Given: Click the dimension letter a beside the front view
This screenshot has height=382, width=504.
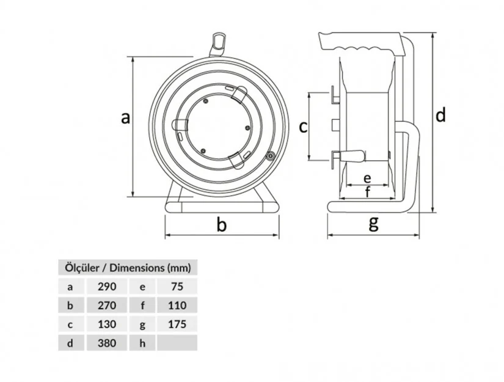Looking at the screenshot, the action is pyautogui.click(x=126, y=118).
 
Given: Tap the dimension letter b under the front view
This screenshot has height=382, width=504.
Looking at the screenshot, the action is pyautogui.click(x=222, y=224).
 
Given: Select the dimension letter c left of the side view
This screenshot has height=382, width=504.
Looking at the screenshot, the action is pyautogui.click(x=303, y=127).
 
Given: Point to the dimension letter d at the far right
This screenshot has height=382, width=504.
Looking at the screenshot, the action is pyautogui.click(x=440, y=114).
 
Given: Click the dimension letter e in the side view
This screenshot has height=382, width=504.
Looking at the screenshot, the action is pyautogui.click(x=367, y=178).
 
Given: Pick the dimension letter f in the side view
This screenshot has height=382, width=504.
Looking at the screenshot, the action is pyautogui.click(x=368, y=192).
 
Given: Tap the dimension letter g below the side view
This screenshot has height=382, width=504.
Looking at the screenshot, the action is pyautogui.click(x=373, y=223).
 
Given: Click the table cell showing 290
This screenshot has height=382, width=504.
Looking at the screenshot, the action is pyautogui.click(x=107, y=286).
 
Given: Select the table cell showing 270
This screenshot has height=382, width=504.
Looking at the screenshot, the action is pyautogui.click(x=107, y=305).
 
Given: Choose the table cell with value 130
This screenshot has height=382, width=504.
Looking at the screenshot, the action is pyautogui.click(x=107, y=324).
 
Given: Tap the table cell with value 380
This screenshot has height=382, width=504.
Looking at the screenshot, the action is pyautogui.click(x=107, y=343).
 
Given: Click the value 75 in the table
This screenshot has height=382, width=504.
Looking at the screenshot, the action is pyautogui.click(x=177, y=286).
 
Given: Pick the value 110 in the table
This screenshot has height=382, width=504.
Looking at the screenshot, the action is pyautogui.click(x=177, y=305).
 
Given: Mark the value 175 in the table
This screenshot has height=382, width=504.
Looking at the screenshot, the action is pyautogui.click(x=177, y=324).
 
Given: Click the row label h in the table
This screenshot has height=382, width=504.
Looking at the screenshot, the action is pyautogui.click(x=142, y=343).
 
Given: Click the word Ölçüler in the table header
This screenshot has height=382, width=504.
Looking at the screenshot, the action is pyautogui.click(x=82, y=268).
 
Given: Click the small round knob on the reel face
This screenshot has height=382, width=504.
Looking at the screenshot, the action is pyautogui.click(x=269, y=156).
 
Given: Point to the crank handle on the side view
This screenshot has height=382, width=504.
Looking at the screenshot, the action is pyautogui.click(x=351, y=156).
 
